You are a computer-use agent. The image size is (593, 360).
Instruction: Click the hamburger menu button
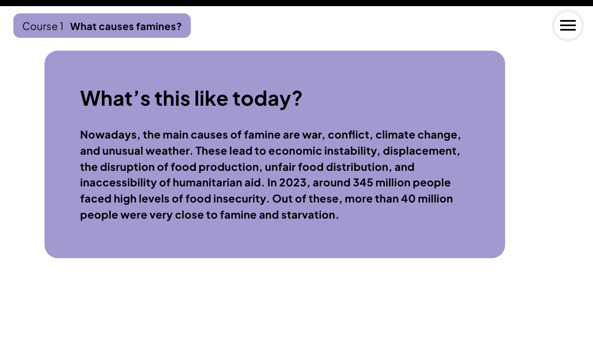click(x=567, y=26)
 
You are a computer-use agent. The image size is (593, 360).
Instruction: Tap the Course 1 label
click(x=43, y=26)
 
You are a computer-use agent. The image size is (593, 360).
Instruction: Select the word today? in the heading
click(x=267, y=98)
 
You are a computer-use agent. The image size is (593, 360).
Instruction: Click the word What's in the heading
click(x=115, y=98)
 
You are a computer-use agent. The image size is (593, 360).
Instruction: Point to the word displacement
click(x=421, y=151)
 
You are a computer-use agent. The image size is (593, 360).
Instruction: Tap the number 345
click(x=363, y=183)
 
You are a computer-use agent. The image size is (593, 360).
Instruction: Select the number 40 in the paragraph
click(x=408, y=199)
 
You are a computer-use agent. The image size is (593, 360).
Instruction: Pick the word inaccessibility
click(x=118, y=183)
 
